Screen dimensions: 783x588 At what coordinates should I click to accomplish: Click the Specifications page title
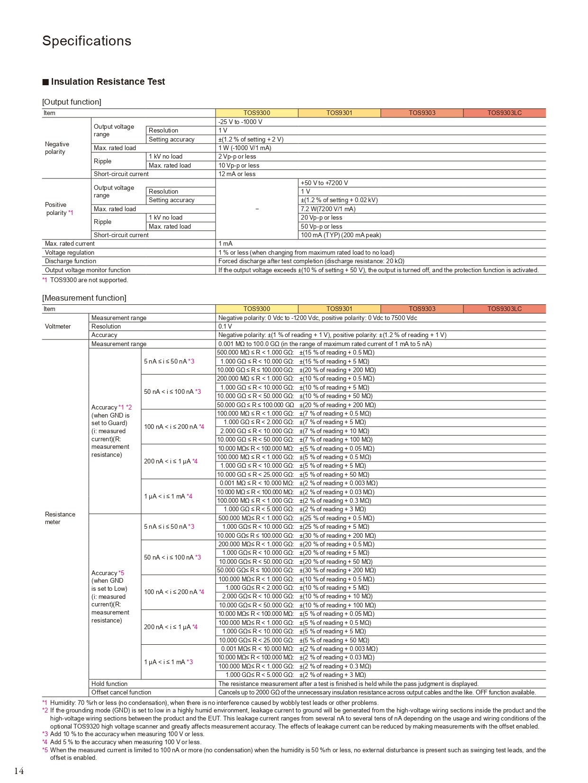click(87, 41)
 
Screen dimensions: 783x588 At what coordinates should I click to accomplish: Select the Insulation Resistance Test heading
click(108, 81)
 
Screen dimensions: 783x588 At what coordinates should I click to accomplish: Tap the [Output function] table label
click(72, 102)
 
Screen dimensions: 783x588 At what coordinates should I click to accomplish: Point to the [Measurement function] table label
click(84, 298)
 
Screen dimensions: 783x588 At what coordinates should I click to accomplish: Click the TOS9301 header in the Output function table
click(339, 113)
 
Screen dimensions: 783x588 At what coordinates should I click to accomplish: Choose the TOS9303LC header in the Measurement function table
click(504, 309)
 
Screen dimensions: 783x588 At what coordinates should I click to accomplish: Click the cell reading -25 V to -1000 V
click(240, 122)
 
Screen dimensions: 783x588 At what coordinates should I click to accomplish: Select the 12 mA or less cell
click(237, 174)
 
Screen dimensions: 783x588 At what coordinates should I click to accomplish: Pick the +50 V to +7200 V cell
click(324, 183)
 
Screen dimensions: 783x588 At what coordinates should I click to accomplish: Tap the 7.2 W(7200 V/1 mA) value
click(328, 209)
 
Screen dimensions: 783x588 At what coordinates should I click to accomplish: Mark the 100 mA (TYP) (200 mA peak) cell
click(341, 235)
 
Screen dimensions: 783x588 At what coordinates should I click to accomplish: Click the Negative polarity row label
click(57, 148)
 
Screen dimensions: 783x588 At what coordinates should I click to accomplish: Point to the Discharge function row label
click(71, 261)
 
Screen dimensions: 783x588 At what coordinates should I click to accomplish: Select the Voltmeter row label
click(58, 326)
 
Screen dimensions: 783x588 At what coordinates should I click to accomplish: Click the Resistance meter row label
click(60, 518)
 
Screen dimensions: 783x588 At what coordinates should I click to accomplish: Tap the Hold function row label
click(109, 684)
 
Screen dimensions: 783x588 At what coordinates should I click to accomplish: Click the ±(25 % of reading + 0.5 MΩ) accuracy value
click(336, 518)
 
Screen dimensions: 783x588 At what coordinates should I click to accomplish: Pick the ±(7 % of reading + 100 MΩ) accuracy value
click(336, 439)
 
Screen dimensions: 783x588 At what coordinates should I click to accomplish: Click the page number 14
click(19, 771)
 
